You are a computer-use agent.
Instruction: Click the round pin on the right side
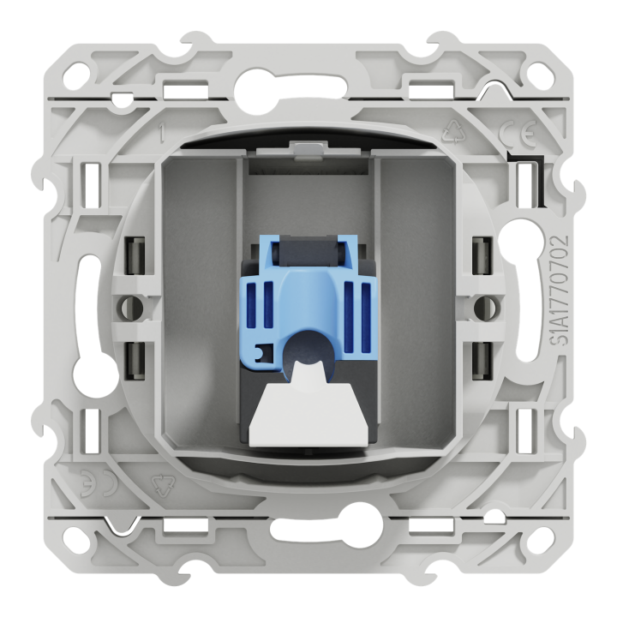pos(492,305)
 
